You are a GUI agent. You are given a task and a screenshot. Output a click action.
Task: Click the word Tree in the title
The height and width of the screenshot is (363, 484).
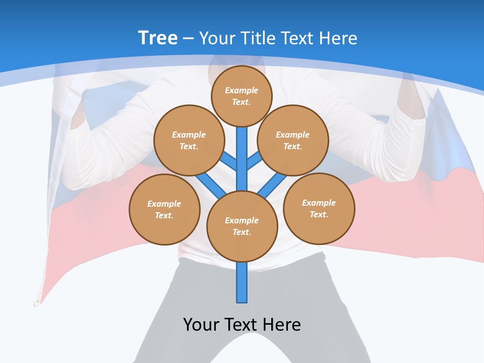click(x=158, y=38)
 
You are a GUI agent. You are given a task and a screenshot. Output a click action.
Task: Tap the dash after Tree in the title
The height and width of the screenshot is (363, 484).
click(x=188, y=39)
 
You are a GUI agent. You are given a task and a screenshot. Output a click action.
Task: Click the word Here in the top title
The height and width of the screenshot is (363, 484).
click(x=339, y=38)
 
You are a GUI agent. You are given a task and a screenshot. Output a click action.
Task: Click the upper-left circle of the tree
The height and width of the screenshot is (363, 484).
click(x=189, y=140)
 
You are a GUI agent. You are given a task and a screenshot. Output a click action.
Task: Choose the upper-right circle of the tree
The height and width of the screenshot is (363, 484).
click(x=293, y=140)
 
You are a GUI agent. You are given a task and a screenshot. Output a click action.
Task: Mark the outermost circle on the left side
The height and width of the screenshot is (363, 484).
click(x=164, y=209)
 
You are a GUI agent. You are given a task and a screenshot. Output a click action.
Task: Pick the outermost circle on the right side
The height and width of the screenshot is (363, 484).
click(x=319, y=208)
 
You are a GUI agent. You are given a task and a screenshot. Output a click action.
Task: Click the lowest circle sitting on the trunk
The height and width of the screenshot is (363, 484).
click(x=242, y=226)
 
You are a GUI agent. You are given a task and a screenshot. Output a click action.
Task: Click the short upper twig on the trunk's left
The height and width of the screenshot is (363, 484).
click(x=229, y=161)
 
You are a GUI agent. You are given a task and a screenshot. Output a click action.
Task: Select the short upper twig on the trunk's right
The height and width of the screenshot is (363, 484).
click(x=254, y=161)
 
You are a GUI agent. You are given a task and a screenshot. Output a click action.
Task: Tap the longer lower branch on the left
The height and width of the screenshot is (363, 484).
click(x=211, y=185)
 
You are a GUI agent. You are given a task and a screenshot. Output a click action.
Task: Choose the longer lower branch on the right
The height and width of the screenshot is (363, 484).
click(x=272, y=186)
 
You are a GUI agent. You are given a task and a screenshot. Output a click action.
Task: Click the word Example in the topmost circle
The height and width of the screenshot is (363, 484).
click(x=241, y=90)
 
